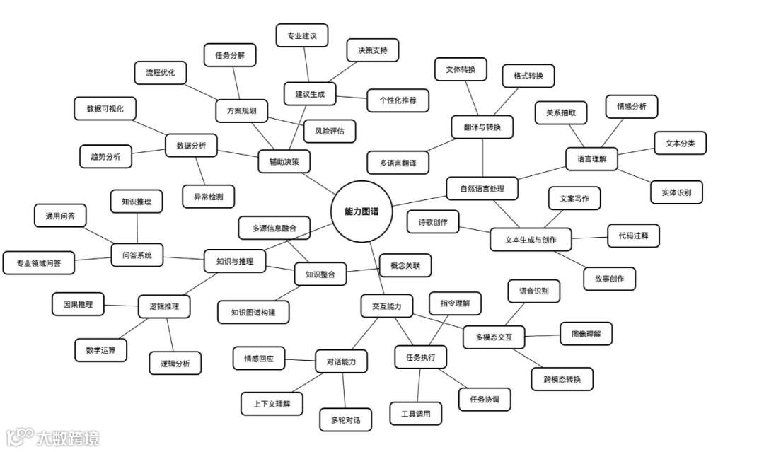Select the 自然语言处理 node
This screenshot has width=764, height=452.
(x=483, y=188)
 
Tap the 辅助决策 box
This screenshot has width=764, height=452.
(x=284, y=161)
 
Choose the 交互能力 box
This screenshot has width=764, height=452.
(x=386, y=306)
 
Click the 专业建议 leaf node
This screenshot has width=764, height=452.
(x=301, y=35)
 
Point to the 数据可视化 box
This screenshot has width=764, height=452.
(x=105, y=109)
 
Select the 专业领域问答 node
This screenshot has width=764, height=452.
(x=38, y=263)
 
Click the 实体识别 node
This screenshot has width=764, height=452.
(x=676, y=192)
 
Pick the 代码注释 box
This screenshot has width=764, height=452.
(x=633, y=236)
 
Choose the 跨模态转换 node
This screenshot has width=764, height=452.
(x=562, y=379)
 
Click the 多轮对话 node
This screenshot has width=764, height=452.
(x=345, y=419)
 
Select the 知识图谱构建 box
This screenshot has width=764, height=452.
(x=253, y=311)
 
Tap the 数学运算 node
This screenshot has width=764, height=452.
(x=101, y=349)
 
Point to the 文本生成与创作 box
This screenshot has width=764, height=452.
(x=531, y=240)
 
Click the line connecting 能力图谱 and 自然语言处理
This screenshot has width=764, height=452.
(x=419, y=199)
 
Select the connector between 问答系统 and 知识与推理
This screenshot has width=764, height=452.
(x=183, y=257)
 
